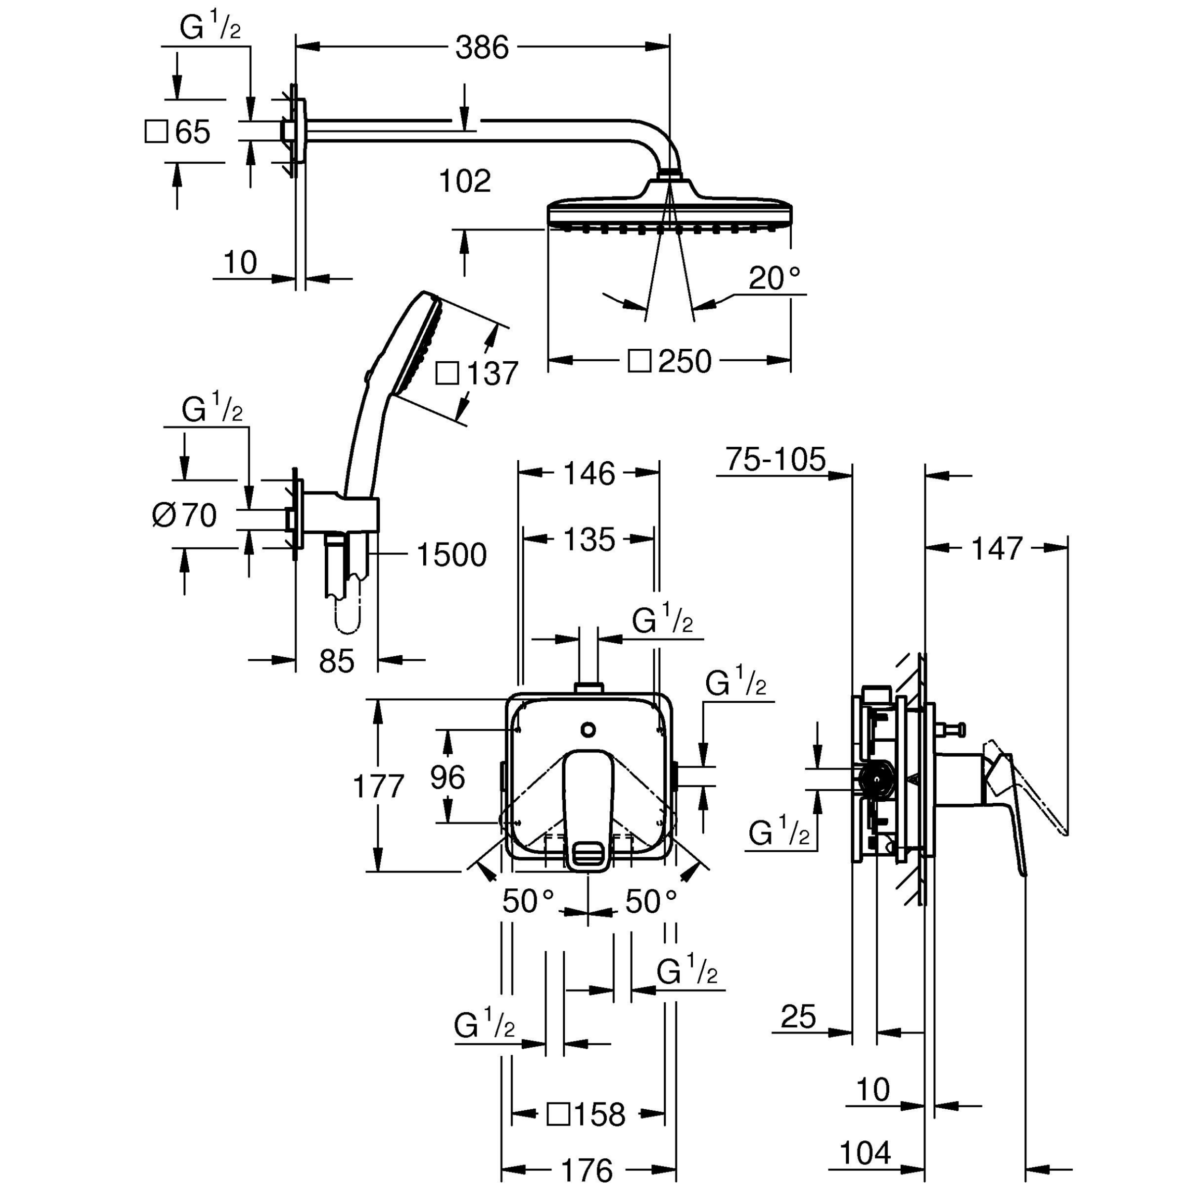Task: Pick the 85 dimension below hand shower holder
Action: tap(336, 661)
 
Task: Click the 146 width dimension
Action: tap(588, 474)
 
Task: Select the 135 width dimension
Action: tap(588, 539)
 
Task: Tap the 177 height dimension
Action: tap(378, 786)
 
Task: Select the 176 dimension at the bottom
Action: tap(587, 1171)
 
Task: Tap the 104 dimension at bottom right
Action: tap(865, 1153)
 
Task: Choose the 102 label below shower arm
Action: tap(465, 182)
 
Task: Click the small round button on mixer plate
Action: tap(588, 729)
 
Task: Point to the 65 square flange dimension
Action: tap(192, 132)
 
